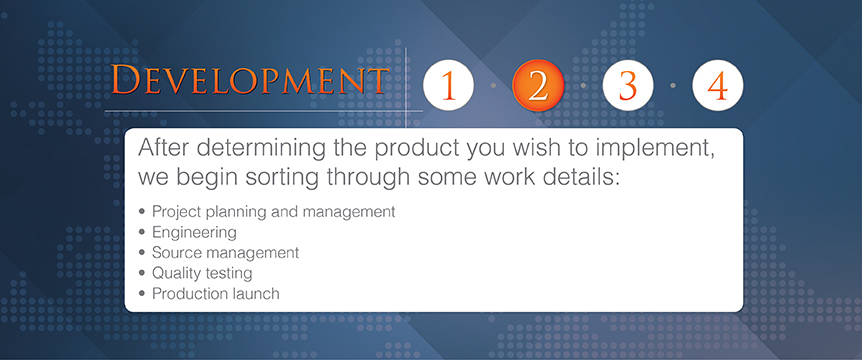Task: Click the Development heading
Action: pyautogui.click(x=250, y=80)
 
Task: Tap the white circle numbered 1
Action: pyautogui.click(x=448, y=85)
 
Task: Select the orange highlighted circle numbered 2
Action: pyautogui.click(x=538, y=85)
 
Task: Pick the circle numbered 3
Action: pyautogui.click(x=628, y=85)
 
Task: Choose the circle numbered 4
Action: pyautogui.click(x=717, y=85)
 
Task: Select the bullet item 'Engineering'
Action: pyautogui.click(x=194, y=232)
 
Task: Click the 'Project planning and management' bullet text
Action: pyautogui.click(x=273, y=212)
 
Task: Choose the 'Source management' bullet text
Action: pyautogui.click(x=225, y=253)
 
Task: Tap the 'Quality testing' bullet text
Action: pyautogui.click(x=202, y=273)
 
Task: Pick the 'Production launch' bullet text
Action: pyautogui.click(x=216, y=293)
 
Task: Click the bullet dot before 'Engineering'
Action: pyautogui.click(x=142, y=232)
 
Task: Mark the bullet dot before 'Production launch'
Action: pyautogui.click(x=142, y=293)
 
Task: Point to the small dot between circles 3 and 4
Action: pyautogui.click(x=673, y=85)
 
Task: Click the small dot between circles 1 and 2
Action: pyautogui.click(x=493, y=85)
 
